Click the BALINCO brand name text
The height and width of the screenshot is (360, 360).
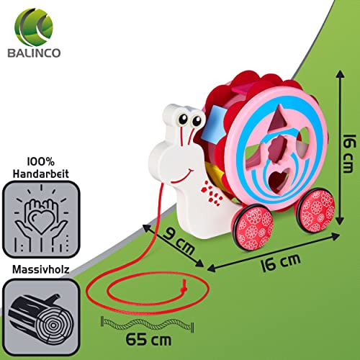click(34, 53)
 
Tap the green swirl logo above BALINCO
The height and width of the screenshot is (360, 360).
click(34, 27)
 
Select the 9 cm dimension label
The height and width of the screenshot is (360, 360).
click(179, 240)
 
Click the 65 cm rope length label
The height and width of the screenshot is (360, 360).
click(148, 339)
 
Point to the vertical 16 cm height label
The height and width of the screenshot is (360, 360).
click(348, 153)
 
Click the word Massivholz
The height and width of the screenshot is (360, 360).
click(41, 269)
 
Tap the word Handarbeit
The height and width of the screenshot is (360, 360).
click(41, 174)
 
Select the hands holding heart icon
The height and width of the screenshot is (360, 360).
click(41, 219)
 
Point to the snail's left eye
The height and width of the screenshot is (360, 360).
click(184, 119)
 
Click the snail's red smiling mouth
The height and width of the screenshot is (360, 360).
click(181, 177)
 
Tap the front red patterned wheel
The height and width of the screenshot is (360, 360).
click(253, 228)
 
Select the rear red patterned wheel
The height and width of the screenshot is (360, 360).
click(315, 210)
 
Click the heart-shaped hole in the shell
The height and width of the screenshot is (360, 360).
click(279, 178)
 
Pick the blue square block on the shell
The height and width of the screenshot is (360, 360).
click(213, 125)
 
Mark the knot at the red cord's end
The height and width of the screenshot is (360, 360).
click(184, 287)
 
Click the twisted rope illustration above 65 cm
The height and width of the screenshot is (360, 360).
click(148, 324)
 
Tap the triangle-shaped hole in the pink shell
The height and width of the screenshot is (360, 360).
click(278, 119)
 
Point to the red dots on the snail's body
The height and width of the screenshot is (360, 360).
click(212, 193)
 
